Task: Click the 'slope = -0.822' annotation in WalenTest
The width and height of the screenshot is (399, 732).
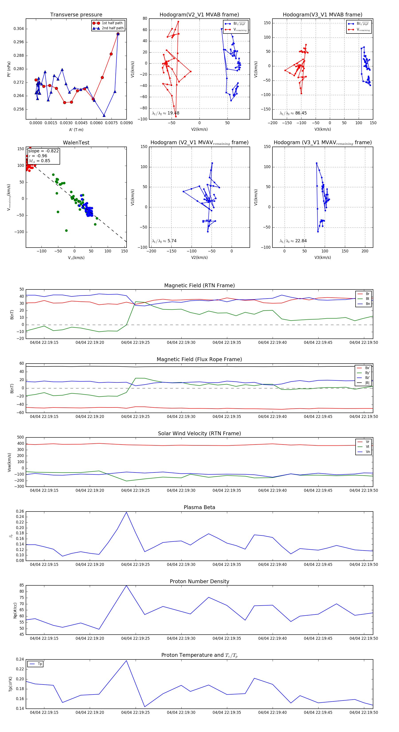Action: point(43,151)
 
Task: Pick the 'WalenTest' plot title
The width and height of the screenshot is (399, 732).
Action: point(76,143)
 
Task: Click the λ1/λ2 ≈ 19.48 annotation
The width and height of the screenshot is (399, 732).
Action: point(166,113)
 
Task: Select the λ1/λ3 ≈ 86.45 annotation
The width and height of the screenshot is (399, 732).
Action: point(293,113)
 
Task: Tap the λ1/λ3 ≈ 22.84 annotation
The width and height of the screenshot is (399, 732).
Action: point(293,241)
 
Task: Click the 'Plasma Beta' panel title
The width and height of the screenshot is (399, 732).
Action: point(199,508)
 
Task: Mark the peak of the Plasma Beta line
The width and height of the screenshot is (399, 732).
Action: point(126,512)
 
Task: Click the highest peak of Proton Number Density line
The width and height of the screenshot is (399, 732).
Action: point(126,586)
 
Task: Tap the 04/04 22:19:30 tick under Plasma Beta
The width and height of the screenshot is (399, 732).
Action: point(181,565)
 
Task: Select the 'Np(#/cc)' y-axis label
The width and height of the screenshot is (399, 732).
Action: point(15,610)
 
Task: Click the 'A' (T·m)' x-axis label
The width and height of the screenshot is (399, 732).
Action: point(76,130)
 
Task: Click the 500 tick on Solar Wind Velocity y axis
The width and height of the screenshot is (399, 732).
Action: point(20,437)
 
